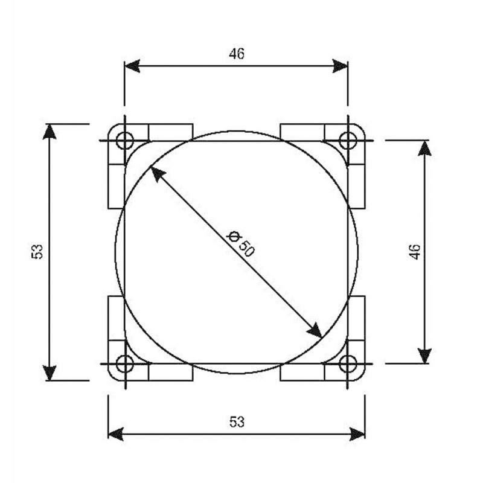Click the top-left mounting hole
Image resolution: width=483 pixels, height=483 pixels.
pos(124,141)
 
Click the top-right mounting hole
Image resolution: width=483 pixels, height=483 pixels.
pos(348,141)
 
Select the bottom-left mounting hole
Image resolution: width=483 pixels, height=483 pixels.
pos(124,363)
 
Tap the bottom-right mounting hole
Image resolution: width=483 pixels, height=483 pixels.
pos(348,363)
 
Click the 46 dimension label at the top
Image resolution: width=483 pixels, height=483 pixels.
pos(237,54)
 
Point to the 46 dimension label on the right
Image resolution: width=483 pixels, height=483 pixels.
pos(414,252)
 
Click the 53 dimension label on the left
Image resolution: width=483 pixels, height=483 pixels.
pos(37,252)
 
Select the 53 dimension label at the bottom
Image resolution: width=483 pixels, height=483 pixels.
pos(237,422)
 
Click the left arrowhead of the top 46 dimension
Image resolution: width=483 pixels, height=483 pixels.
pos(131,66)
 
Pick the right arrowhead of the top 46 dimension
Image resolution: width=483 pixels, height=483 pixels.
pos(341,66)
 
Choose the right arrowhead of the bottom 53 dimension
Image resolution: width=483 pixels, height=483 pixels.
pos(358,433)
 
